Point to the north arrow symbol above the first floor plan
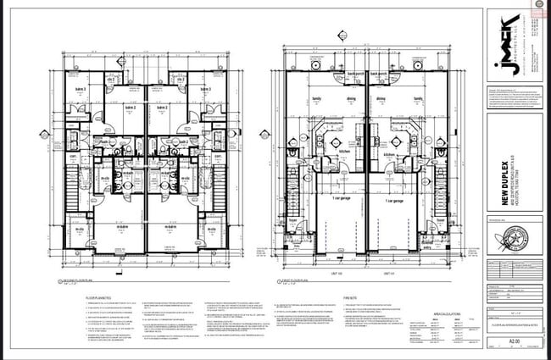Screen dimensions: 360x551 pos(341,36)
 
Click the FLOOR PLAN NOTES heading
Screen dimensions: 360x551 pos(101,298)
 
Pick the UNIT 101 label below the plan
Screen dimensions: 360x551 pos(388,274)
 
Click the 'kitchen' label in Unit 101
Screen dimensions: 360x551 pos(391,155)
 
